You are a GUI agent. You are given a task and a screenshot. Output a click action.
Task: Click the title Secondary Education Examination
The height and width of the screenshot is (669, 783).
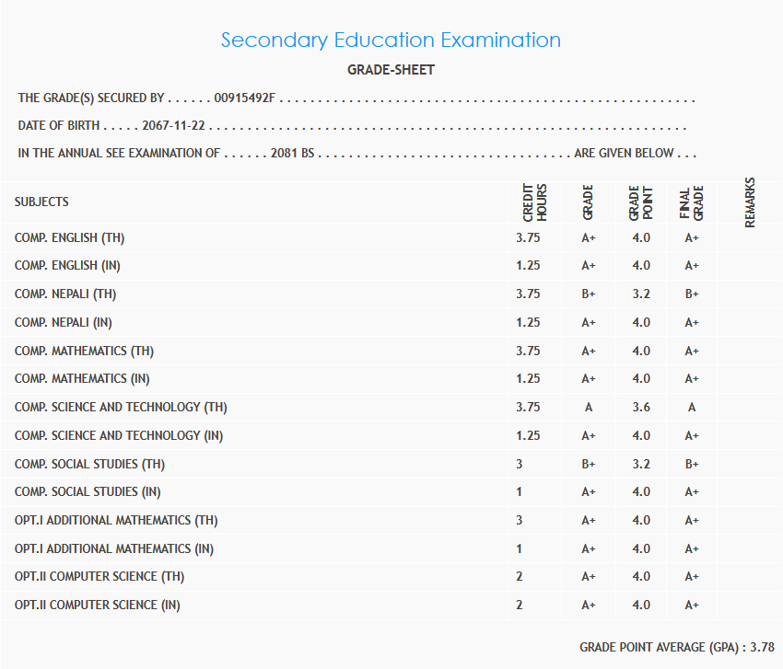tap(391, 40)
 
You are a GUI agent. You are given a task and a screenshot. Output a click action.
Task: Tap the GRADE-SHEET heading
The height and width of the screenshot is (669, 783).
tap(391, 70)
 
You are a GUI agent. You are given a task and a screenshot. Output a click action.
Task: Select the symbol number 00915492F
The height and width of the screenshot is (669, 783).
tap(244, 98)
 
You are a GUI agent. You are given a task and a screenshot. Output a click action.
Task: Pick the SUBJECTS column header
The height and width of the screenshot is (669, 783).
tap(41, 202)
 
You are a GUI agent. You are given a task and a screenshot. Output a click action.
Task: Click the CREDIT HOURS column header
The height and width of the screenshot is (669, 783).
tap(535, 202)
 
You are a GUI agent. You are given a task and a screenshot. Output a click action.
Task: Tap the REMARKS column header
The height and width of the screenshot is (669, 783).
tap(750, 202)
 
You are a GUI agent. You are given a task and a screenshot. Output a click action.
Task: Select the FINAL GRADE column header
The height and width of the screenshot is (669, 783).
tap(692, 202)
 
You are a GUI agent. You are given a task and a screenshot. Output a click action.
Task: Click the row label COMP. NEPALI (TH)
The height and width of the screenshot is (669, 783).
tap(65, 294)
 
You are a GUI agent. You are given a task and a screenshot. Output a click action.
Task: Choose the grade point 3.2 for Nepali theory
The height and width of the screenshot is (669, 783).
tap(641, 294)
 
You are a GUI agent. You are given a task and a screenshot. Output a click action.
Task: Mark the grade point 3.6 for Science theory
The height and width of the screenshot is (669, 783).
tap(641, 408)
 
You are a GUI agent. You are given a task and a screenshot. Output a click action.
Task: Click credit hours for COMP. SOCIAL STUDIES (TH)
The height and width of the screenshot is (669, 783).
tap(520, 464)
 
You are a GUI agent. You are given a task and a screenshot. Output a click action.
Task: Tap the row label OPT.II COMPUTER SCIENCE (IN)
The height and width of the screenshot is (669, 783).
tap(98, 606)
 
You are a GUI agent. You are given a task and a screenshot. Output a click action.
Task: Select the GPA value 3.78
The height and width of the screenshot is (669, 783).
tap(762, 648)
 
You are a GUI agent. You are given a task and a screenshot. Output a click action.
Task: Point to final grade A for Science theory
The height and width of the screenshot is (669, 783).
tap(692, 408)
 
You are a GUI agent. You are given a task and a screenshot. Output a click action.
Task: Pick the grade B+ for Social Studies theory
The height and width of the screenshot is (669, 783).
tap(589, 464)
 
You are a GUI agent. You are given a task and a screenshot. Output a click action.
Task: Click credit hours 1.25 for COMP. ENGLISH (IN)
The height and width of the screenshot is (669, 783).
tap(528, 266)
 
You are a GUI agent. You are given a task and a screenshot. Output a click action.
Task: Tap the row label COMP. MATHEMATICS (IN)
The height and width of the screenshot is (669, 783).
tap(83, 379)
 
